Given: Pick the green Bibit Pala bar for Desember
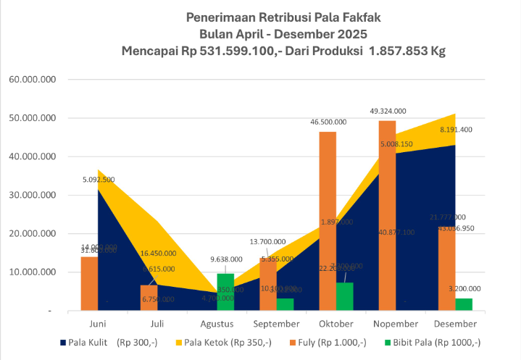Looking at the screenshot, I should (x=464, y=304).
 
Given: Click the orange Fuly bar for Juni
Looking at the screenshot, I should (x=89, y=283).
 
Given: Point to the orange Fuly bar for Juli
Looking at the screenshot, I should (x=149, y=298).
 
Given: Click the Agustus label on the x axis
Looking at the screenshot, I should (x=217, y=323).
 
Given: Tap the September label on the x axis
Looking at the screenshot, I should (x=278, y=323).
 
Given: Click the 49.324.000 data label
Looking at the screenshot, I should (x=388, y=111).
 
